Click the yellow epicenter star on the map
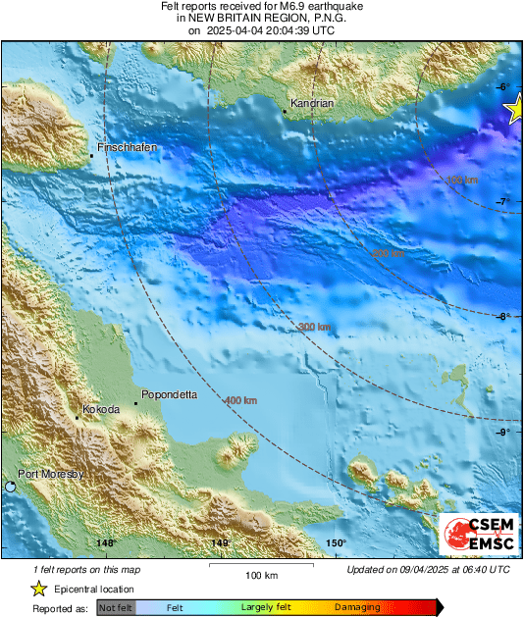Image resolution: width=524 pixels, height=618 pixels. (515, 113)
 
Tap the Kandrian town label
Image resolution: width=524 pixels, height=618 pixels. (312, 103)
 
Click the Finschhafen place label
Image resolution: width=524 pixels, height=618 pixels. (127, 146)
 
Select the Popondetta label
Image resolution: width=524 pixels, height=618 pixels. (169, 394)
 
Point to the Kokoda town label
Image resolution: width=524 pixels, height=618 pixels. (101, 409)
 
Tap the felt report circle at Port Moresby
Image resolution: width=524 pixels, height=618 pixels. (10, 487)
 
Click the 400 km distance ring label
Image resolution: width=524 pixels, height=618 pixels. (240, 401)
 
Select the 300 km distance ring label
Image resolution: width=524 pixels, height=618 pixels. (315, 327)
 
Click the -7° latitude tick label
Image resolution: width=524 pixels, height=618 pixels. (501, 202)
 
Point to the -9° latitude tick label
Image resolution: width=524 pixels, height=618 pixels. (501, 433)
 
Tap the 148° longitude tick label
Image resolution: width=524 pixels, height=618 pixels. (106, 542)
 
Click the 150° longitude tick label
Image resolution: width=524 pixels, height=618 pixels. (336, 542)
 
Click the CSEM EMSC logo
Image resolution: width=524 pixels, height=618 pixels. (478, 535)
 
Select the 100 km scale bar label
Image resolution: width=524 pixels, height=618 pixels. (262, 576)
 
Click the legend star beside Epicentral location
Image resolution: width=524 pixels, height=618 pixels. (38, 589)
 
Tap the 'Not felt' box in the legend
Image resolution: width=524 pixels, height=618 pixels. (115, 607)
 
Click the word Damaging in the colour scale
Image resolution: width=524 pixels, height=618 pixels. (356, 607)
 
